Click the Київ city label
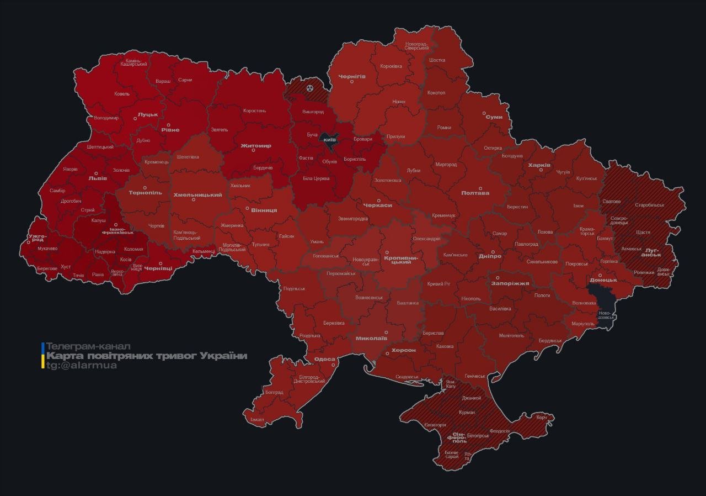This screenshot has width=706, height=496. [x=330, y=140]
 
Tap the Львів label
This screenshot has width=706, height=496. [x=98, y=178]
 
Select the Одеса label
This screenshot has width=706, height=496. [x=324, y=359]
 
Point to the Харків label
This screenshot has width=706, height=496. [x=539, y=165]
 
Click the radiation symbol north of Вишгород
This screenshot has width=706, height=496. [x=309, y=87]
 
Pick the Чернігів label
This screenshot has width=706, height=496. [x=352, y=76]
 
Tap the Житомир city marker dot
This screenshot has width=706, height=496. [x=254, y=151]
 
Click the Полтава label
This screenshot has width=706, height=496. [x=475, y=193]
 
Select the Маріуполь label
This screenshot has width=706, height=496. [x=582, y=323]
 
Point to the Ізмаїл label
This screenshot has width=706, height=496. [x=257, y=419]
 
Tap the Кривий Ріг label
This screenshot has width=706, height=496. [x=439, y=283]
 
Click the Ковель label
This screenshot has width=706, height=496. [x=122, y=94]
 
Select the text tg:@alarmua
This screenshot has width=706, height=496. [x=81, y=366]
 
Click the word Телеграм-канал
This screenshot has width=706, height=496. [x=88, y=346]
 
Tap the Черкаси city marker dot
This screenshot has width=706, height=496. [x=378, y=200]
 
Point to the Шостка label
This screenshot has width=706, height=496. [x=436, y=60]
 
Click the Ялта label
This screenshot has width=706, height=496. [x=467, y=456]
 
